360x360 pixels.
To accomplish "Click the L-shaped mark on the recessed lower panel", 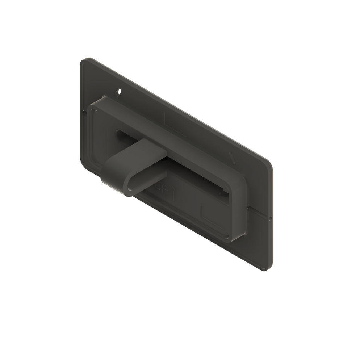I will pos(206,214).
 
